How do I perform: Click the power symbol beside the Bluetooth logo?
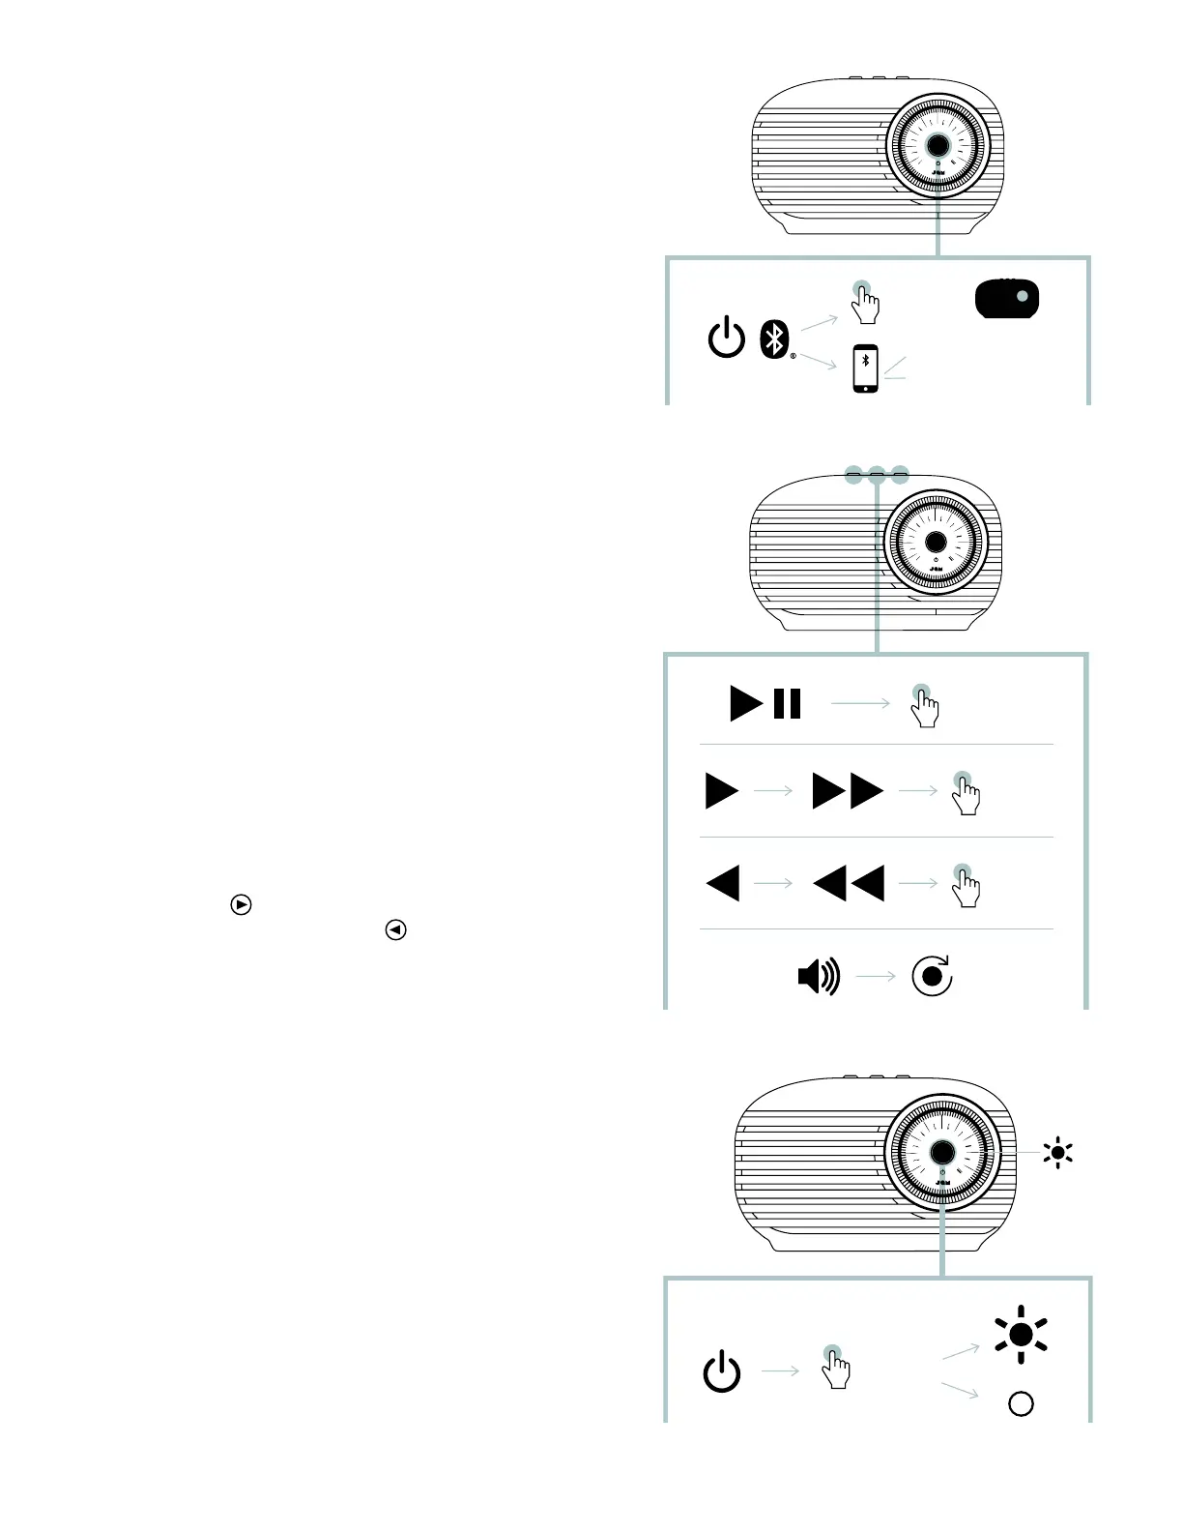point(727,339)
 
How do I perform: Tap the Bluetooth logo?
point(774,339)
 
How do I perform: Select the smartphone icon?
point(866,368)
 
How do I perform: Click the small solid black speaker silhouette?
point(1007,299)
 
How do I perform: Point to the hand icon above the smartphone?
point(864,304)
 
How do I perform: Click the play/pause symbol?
point(765,703)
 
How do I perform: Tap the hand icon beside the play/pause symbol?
point(924,706)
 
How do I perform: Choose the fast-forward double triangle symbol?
point(848,790)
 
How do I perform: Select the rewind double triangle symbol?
point(849,883)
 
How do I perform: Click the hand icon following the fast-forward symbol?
point(966,793)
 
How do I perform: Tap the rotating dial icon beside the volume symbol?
point(932,976)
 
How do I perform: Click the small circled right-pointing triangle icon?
point(242,905)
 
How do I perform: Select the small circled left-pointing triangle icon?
point(395,930)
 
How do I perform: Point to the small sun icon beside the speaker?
point(1058,1152)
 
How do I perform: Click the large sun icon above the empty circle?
point(1021,1335)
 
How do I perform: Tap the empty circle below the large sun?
point(1021,1403)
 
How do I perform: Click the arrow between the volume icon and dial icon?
point(877,977)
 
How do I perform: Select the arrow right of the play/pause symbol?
point(860,703)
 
